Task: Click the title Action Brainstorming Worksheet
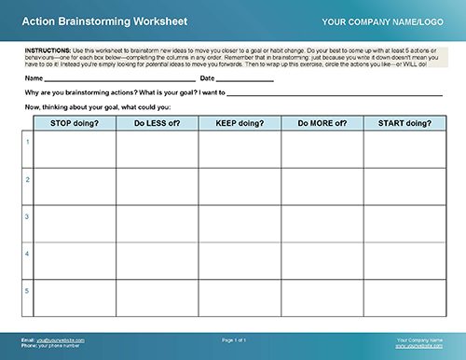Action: [89, 20]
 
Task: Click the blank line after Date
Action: [245, 80]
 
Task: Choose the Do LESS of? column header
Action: [158, 123]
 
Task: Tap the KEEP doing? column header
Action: [240, 123]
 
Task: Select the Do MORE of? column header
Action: [322, 123]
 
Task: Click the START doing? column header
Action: [404, 123]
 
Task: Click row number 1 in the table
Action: [27, 141]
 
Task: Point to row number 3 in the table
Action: [27, 216]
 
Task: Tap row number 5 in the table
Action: [27, 290]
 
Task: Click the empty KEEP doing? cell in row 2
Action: [240, 187]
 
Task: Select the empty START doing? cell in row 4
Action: [404, 261]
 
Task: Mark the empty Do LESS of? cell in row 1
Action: [158, 149]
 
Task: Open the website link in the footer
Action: [418, 344]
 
